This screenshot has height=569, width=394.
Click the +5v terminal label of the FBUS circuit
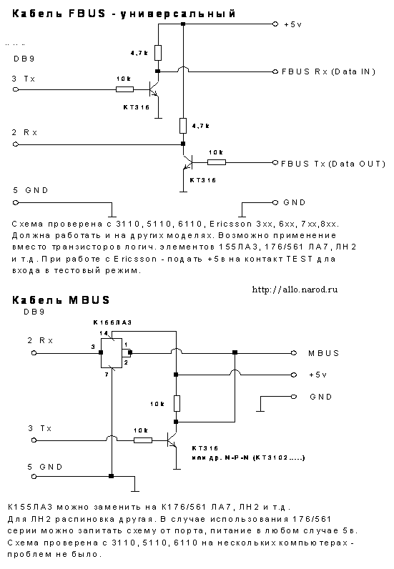[292, 25]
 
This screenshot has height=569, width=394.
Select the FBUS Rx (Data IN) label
[328, 71]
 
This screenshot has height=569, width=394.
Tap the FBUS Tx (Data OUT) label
[333, 164]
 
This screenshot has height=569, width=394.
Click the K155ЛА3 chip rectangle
[112, 352]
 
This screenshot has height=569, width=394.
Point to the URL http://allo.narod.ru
[295, 290]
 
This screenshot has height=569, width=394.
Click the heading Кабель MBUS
[61, 300]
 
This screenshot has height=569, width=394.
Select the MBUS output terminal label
[323, 353]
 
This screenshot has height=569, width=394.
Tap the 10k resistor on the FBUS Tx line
[217, 162]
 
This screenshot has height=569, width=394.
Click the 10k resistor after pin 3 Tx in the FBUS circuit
[124, 89]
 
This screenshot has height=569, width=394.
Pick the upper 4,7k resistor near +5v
[158, 53]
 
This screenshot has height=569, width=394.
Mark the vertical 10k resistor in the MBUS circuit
[177, 403]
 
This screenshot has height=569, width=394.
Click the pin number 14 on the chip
[104, 333]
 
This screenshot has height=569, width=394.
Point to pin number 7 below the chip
[107, 374]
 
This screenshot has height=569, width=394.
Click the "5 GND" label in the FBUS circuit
[31, 190]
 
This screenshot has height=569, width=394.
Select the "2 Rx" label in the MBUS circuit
[40, 340]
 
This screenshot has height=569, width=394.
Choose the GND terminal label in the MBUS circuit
[321, 397]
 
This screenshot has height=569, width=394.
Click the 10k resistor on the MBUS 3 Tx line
[143, 440]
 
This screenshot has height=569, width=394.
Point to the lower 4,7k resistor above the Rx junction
[183, 126]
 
